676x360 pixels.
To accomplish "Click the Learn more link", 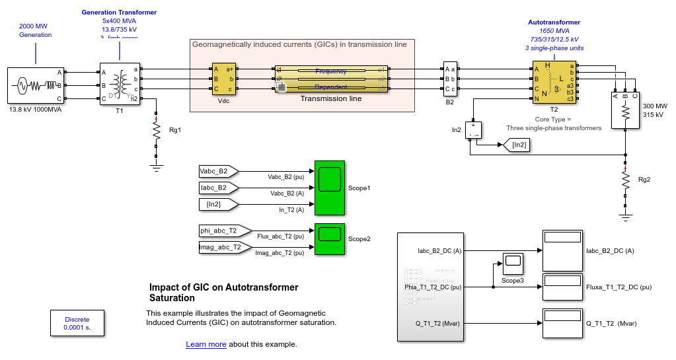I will pos(206,344).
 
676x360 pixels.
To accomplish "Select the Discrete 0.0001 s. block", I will pos(77,324).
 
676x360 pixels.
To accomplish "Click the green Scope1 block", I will pos(330,188).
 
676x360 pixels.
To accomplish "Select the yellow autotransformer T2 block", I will pos(554,82).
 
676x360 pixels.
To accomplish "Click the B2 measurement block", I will pos(449,79).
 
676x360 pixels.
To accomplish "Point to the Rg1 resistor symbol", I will pos(157,131).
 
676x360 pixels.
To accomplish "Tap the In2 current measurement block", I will pos(474,129).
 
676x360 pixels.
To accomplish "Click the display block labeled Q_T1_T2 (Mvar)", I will pos(562,323).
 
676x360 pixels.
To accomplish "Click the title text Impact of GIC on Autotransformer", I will pos(223,287).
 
